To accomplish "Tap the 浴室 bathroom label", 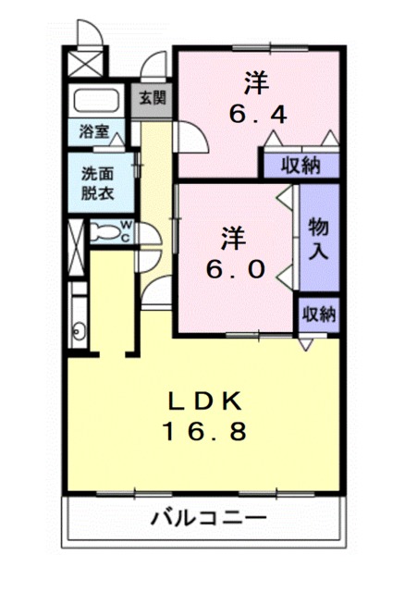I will [93, 132].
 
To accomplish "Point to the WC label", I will [126, 230].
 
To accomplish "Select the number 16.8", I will [205, 431].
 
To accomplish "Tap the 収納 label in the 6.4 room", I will [300, 166].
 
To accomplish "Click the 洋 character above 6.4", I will [257, 82].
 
